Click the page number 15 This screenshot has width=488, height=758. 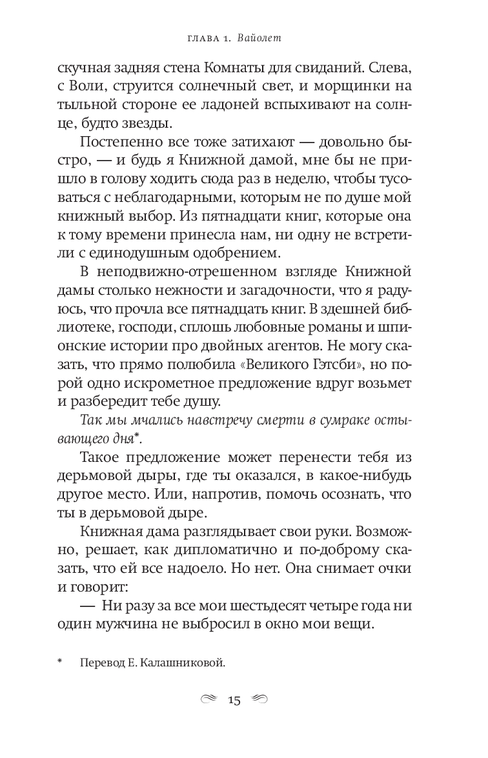[234, 700]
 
